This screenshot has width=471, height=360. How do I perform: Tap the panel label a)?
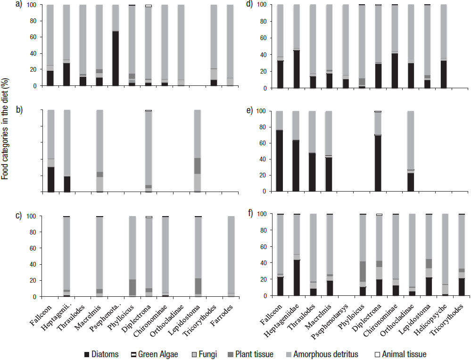pyautogui.click(x=19, y=6)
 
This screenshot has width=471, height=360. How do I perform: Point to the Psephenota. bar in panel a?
pyautogui.click(x=116, y=45)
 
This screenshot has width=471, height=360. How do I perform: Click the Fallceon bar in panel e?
pyautogui.click(x=279, y=151)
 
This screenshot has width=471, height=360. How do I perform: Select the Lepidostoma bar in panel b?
pyautogui.click(x=197, y=151)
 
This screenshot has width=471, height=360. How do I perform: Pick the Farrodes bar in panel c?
pyautogui.click(x=230, y=257)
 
